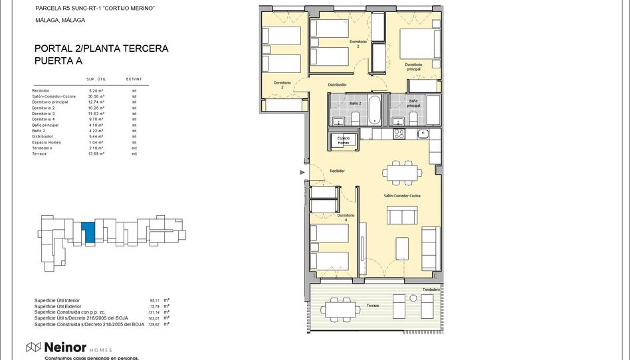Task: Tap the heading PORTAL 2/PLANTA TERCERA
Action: [x=101, y=48]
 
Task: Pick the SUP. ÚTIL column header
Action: [x=96, y=79]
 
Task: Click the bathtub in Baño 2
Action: [x=375, y=109]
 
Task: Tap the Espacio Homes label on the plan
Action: [x=343, y=140]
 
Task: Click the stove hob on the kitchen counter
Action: [x=399, y=134]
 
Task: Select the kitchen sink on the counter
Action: [x=423, y=134]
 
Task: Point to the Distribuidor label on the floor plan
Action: [x=338, y=85]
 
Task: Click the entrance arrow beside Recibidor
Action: [x=303, y=172]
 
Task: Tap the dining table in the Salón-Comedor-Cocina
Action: [x=401, y=173]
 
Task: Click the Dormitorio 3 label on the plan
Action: [x=282, y=84]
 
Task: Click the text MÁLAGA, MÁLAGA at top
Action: [x=60, y=21]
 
